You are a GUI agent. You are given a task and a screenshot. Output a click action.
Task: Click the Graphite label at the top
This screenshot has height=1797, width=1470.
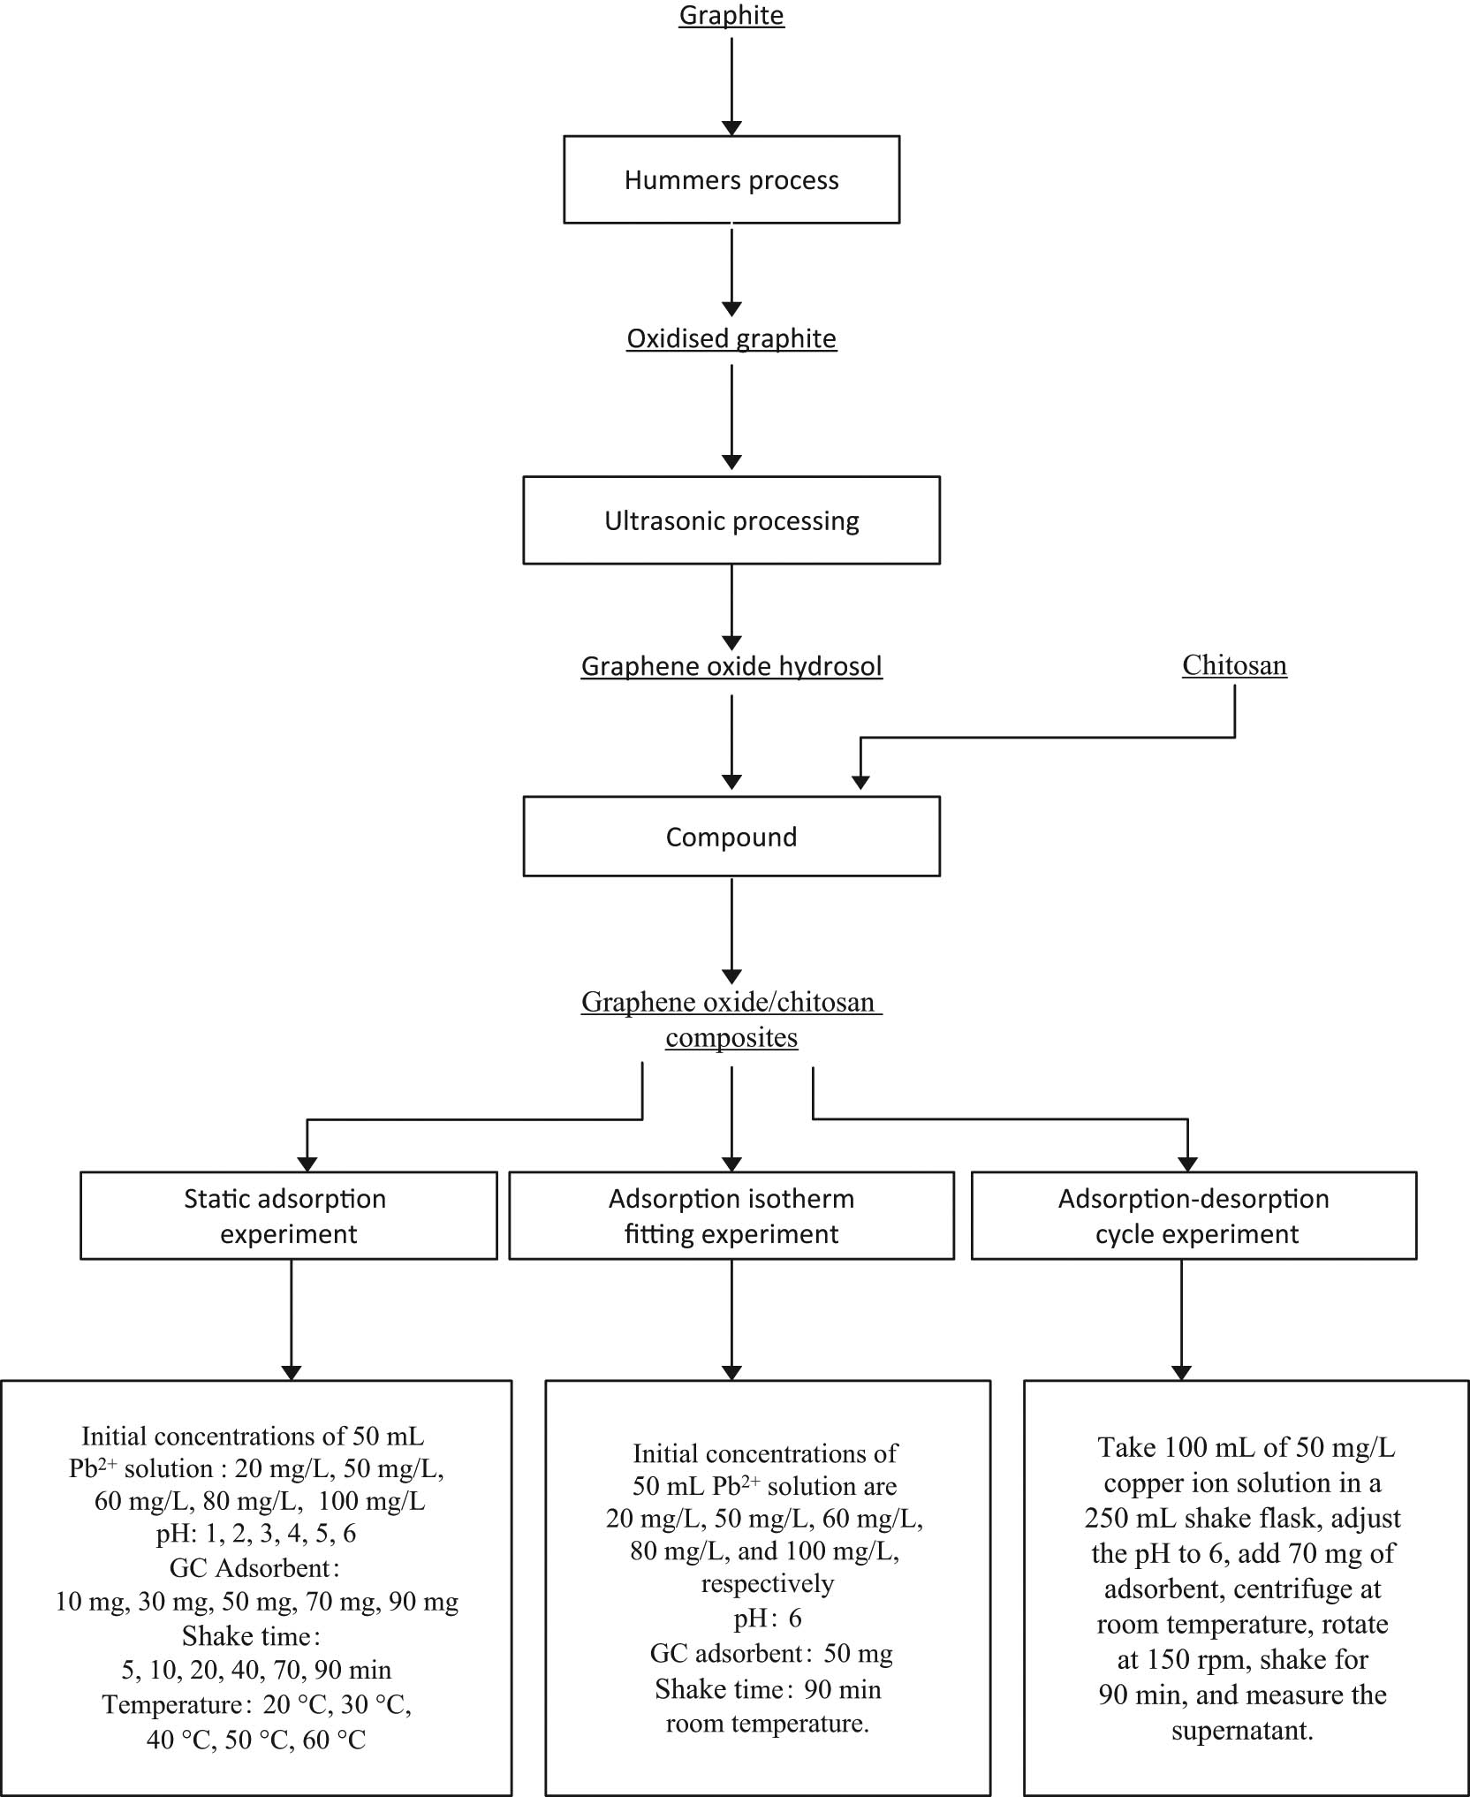[731, 16]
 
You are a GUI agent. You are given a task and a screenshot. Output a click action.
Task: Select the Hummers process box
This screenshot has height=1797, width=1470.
[731, 179]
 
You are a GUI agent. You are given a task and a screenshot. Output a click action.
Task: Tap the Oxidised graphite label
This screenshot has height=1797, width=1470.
[731, 338]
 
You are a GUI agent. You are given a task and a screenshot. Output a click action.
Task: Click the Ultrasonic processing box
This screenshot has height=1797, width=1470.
[731, 520]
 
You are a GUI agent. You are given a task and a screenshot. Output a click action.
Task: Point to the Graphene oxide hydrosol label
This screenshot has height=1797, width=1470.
[731, 665]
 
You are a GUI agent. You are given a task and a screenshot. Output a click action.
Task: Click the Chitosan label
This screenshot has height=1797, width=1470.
[1234, 664]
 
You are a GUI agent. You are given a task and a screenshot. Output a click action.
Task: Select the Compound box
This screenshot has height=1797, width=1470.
[731, 837]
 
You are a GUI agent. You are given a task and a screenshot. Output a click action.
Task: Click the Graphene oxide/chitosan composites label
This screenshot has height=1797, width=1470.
[731, 1020]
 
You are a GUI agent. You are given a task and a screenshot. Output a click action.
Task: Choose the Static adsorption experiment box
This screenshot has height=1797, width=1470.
[288, 1216]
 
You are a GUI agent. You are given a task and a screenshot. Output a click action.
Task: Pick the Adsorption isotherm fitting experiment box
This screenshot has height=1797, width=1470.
[731, 1216]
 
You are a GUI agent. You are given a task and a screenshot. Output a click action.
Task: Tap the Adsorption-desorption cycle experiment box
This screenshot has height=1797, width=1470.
[1194, 1216]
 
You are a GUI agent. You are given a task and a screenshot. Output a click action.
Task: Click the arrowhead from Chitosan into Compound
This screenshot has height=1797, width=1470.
[860, 782]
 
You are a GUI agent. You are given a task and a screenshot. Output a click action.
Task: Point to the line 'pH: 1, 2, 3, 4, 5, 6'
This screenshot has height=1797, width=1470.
[256, 1533]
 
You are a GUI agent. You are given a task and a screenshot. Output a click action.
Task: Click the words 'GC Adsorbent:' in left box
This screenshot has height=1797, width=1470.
[254, 1567]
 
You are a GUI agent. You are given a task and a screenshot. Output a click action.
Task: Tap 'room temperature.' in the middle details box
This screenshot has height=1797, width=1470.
[767, 1723]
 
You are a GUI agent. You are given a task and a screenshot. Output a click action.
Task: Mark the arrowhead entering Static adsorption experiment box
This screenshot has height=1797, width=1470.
[307, 1164]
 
